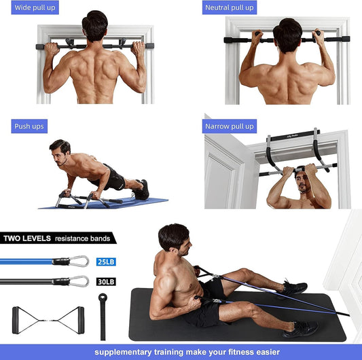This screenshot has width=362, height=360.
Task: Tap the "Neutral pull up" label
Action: [x=230, y=8]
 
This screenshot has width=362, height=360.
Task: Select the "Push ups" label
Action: [x=29, y=126]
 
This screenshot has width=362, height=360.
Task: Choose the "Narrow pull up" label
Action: [x=230, y=126]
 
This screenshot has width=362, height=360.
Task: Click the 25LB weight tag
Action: [x=105, y=262]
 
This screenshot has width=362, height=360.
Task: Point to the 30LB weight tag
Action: [x=105, y=281]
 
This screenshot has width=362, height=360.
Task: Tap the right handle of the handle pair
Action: [x=81, y=318]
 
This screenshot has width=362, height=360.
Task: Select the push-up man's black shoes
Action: [x=141, y=190]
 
